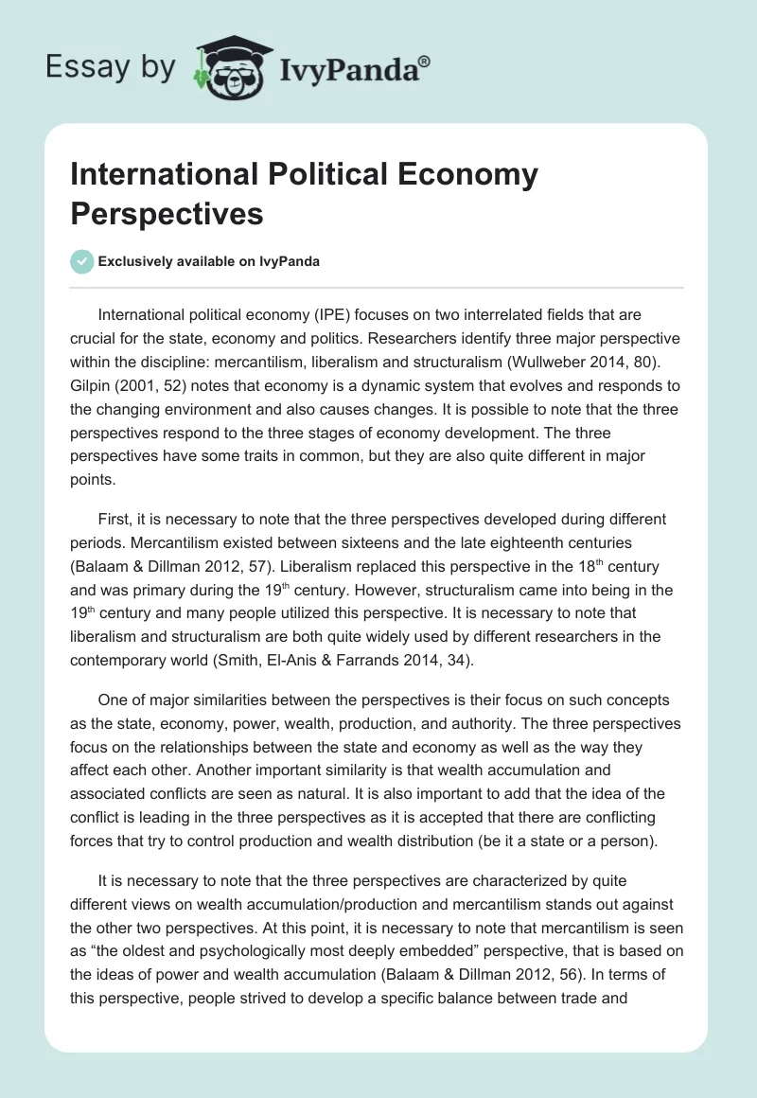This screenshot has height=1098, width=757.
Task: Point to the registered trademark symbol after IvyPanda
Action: [425, 60]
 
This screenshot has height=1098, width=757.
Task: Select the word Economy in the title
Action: [466, 174]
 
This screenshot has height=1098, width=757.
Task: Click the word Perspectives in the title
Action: [167, 212]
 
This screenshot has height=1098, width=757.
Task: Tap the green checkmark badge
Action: [83, 262]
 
